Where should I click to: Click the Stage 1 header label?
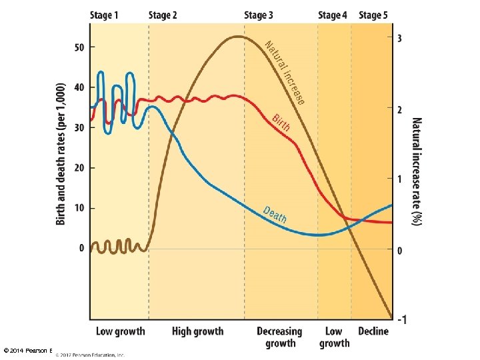click(x=105, y=15)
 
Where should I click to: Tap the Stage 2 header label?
click(x=163, y=15)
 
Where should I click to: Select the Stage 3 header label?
click(x=259, y=15)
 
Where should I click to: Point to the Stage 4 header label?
click(x=333, y=15)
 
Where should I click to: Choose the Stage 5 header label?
click(x=373, y=15)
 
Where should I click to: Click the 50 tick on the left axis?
click(x=80, y=47)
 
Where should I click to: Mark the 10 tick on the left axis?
click(x=80, y=208)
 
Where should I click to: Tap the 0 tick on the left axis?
click(x=82, y=248)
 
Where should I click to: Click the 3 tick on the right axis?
click(x=400, y=39)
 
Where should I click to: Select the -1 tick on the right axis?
click(x=402, y=320)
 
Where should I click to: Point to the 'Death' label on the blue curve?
click(x=275, y=215)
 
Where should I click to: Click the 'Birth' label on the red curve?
click(x=281, y=122)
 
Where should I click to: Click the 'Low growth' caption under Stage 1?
click(x=120, y=331)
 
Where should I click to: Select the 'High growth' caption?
click(x=197, y=331)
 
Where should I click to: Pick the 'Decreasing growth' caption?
click(x=280, y=337)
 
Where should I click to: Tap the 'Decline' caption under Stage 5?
click(x=373, y=331)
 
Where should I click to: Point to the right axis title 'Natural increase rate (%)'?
click(x=417, y=172)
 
